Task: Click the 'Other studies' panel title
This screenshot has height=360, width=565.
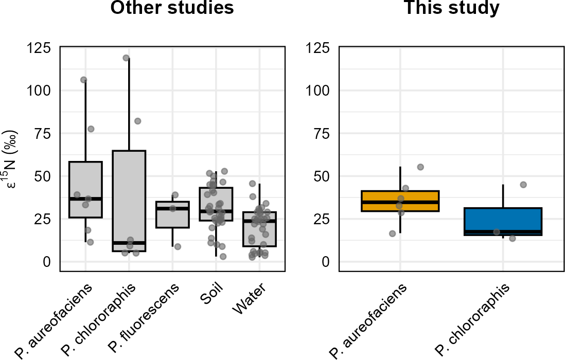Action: tap(172, 8)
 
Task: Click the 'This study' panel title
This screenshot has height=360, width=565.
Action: tap(452, 8)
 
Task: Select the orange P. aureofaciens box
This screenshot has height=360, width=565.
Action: tap(400, 201)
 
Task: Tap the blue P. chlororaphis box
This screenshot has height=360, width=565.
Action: tap(503, 222)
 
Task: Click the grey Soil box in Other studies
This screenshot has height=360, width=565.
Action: tap(216, 204)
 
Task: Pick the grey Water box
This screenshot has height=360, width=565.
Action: tap(259, 229)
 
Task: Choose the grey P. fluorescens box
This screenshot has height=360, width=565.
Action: tap(172, 214)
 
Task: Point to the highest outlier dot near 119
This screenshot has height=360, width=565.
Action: tap(126, 58)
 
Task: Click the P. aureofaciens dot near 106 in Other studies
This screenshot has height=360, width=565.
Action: tap(83, 80)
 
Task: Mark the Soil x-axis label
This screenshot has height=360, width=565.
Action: tap(212, 293)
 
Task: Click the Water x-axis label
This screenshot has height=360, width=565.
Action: tap(250, 298)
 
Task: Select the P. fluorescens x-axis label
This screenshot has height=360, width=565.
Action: tap(144, 318)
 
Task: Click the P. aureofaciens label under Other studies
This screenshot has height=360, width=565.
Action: tap(54, 321)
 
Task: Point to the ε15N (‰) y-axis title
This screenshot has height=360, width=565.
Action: tap(11, 160)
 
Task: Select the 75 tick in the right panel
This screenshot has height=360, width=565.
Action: tap(321, 134)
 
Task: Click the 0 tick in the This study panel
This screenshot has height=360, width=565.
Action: tap(325, 262)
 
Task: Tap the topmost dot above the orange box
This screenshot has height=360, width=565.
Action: tap(420, 167)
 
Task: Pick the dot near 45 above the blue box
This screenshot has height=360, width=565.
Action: tap(523, 185)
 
